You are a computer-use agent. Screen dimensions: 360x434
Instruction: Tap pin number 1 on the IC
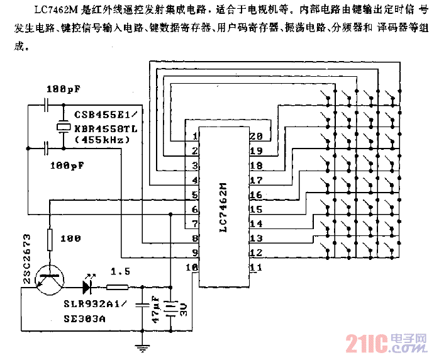[195, 137]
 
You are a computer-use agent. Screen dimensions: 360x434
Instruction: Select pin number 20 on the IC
[256, 137]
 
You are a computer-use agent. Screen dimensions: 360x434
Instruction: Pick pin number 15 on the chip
[256, 209]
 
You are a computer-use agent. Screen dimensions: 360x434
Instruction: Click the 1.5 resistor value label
[120, 271]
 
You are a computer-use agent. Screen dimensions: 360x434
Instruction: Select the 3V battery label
[183, 310]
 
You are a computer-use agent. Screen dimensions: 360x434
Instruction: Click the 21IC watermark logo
[365, 344]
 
